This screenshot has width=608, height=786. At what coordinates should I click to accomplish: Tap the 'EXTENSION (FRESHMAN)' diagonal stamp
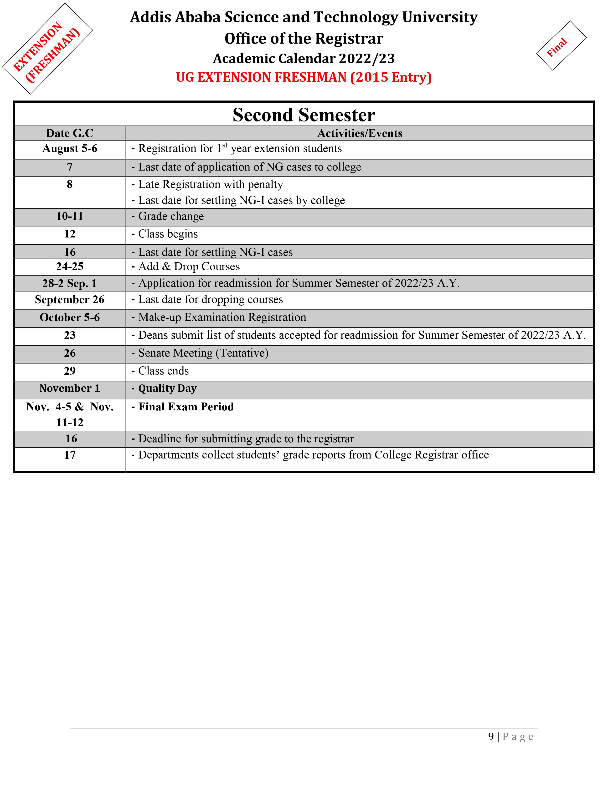(x=46, y=51)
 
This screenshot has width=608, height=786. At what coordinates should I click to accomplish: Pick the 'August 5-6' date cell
(x=70, y=149)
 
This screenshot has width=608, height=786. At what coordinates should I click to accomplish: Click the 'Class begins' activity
(x=168, y=234)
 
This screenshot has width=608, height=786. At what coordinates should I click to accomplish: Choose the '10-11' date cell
(x=70, y=216)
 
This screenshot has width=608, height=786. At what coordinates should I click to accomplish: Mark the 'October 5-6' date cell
(x=70, y=317)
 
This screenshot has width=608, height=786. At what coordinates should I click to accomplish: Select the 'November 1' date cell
(x=70, y=388)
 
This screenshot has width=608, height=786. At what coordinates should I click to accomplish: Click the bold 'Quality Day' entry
(x=167, y=388)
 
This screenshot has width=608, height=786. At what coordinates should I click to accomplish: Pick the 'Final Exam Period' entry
(x=186, y=407)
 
